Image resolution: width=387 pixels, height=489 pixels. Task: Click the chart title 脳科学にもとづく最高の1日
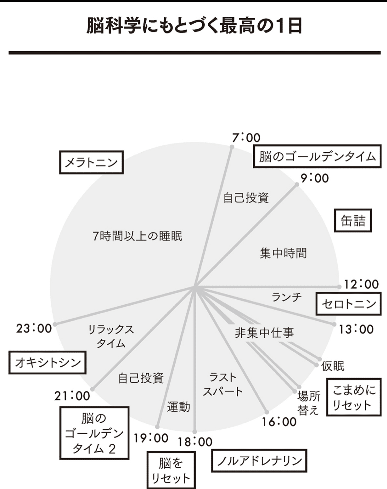click(194, 26)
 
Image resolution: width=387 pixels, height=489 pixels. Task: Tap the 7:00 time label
click(246, 138)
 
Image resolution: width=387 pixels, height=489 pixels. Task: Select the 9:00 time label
click(314, 178)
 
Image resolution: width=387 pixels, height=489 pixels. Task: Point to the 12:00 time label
click(361, 284)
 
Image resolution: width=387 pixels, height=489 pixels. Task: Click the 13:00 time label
click(356, 329)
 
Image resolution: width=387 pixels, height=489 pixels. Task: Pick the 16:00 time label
click(279, 422)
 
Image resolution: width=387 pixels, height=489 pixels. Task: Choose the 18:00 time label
click(195, 442)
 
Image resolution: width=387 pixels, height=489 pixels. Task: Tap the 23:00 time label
click(34, 328)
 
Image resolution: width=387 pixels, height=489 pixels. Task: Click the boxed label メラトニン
click(91, 162)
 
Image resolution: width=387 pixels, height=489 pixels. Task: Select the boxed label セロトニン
click(348, 304)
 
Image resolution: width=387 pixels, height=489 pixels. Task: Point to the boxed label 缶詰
click(353, 221)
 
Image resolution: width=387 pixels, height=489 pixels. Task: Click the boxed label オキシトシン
click(47, 362)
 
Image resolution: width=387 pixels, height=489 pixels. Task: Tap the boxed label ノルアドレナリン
click(259, 461)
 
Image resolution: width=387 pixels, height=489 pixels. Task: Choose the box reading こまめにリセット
click(354, 397)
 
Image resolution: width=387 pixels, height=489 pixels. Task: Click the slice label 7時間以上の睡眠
click(137, 236)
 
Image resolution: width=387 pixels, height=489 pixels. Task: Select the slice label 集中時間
click(283, 253)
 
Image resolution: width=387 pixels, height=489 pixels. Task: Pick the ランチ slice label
click(287, 297)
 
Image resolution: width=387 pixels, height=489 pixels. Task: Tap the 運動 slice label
click(179, 407)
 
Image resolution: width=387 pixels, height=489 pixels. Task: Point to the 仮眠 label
click(333, 366)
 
